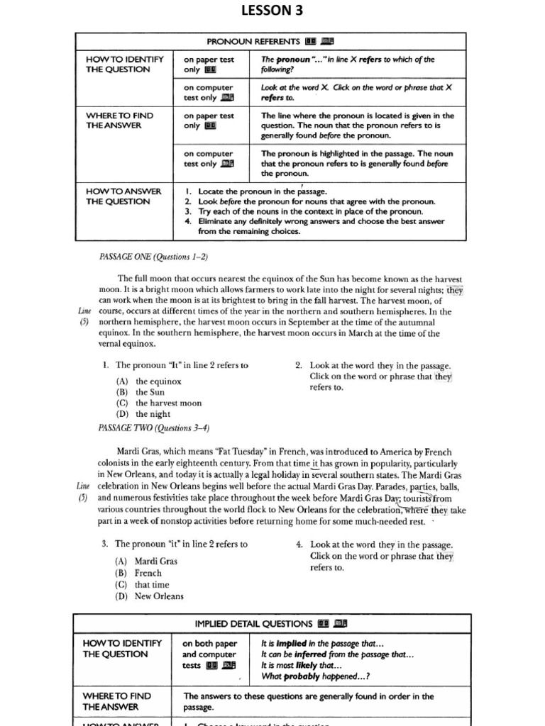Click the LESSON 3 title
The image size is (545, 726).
coord(272,10)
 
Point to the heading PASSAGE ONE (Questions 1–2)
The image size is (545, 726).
coord(144,256)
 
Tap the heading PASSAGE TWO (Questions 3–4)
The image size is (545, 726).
coord(154,428)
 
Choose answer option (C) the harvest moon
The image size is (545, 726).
coord(159,403)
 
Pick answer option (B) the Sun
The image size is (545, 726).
coord(141,392)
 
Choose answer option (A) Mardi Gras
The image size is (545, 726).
coord(147,561)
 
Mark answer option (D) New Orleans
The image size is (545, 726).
coord(149,596)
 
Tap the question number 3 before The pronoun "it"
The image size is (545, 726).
coord(104,544)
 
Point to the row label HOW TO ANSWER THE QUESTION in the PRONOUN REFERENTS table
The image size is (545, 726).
coord(123,196)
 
